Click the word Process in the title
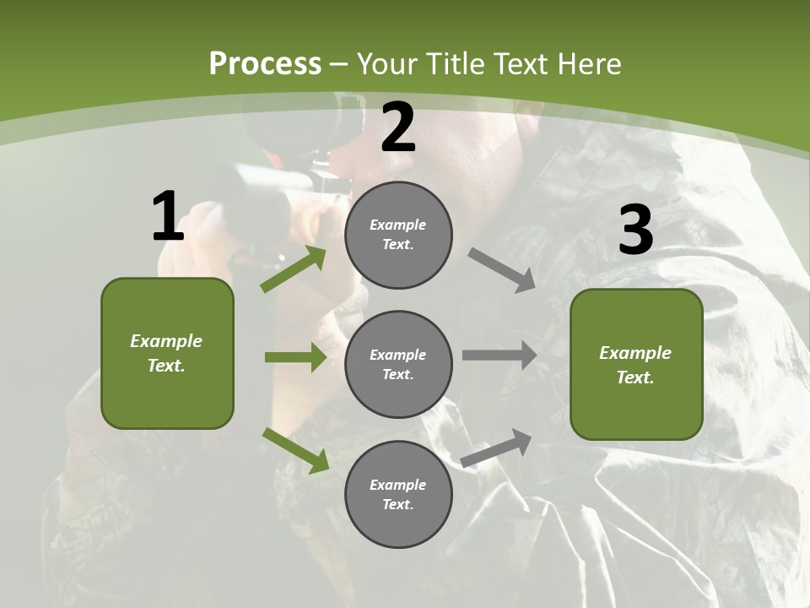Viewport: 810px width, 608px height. pos(265,63)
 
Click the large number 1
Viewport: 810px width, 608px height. pos(168,217)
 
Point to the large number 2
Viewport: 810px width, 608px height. pos(398,128)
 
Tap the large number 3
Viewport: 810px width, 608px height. pos(635,231)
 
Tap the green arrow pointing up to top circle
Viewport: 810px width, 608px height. pos(294,269)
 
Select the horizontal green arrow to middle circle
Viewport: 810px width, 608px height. pos(295,357)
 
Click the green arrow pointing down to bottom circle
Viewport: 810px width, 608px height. pos(296,450)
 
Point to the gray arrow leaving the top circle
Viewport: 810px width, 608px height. pos(502,270)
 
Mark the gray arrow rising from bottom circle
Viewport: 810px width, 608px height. pos(497,448)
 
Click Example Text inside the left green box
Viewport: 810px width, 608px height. pos(166,353)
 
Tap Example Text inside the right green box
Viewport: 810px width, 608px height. pos(635,365)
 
